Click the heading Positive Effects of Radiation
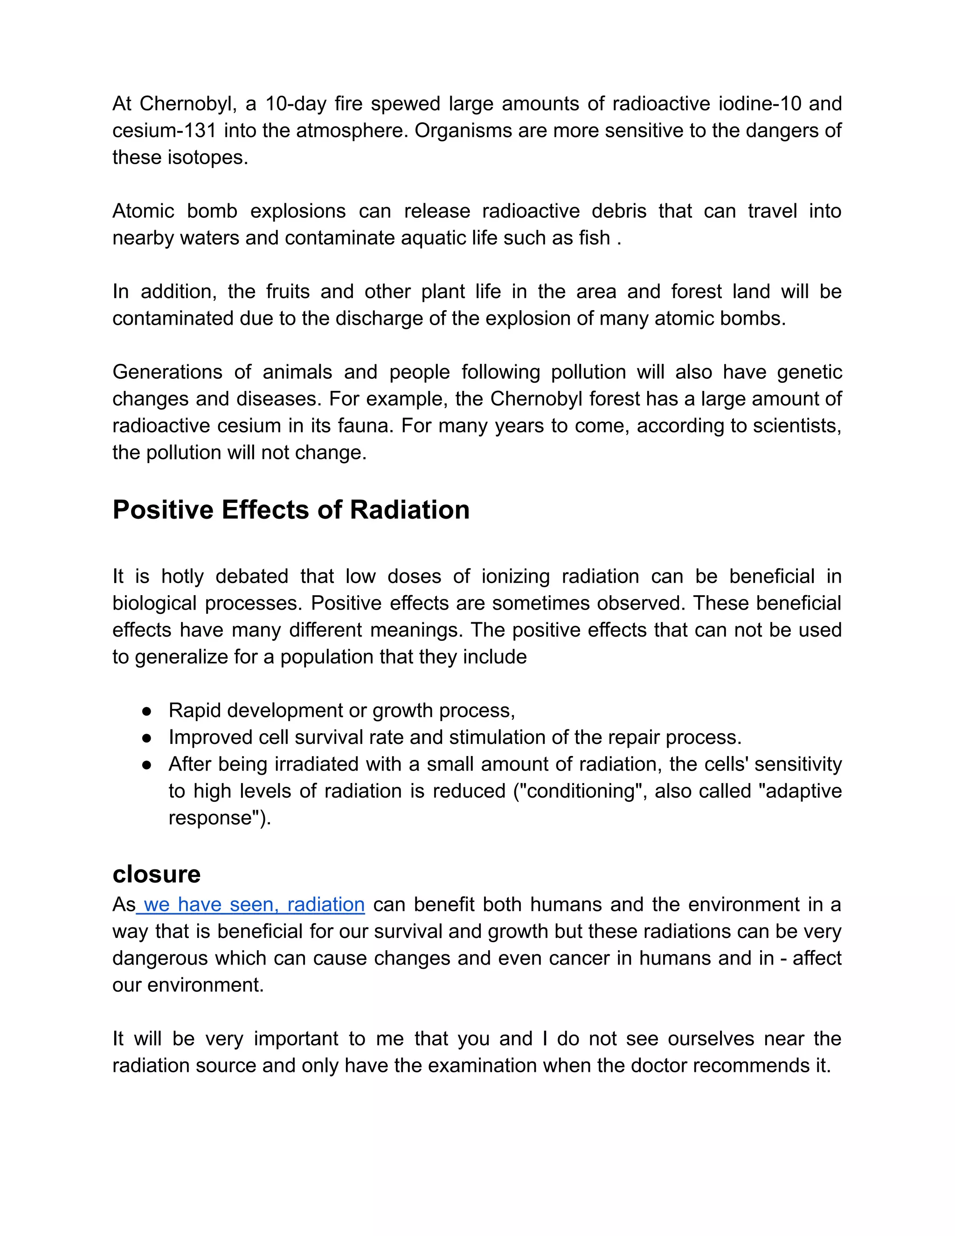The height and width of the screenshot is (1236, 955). [x=291, y=509]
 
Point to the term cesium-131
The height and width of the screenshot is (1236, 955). [x=164, y=131]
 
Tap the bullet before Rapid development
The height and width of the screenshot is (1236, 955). [x=146, y=711]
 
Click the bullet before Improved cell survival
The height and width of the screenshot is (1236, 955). [x=146, y=738]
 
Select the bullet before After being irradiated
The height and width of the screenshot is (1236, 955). [x=146, y=764]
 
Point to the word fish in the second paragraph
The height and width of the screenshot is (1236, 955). [x=594, y=238]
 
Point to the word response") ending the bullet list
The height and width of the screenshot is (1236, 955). [x=220, y=819]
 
